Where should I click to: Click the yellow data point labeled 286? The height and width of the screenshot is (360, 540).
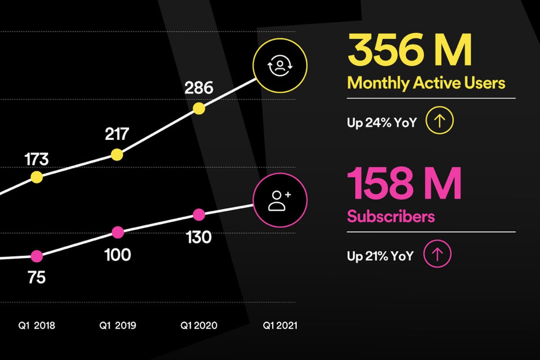(199, 108)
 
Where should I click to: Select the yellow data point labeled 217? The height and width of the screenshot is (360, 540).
(117, 154)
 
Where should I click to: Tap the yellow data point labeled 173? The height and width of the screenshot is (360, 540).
(36, 177)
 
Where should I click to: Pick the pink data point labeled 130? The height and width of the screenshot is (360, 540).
(199, 215)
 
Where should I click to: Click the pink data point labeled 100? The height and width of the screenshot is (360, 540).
(117, 232)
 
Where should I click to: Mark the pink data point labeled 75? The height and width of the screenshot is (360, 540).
(36, 256)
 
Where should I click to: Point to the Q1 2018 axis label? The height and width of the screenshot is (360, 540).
(37, 325)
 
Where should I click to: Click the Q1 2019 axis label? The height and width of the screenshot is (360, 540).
(117, 325)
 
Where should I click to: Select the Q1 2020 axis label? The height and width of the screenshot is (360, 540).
(199, 325)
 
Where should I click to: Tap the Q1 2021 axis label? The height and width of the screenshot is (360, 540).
(280, 325)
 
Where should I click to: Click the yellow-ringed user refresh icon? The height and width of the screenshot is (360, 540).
(280, 66)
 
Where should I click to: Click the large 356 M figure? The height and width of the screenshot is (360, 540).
(410, 50)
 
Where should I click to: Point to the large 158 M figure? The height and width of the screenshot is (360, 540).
(405, 184)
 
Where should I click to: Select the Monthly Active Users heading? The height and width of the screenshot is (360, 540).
(426, 83)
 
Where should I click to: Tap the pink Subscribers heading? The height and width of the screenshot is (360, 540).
(391, 216)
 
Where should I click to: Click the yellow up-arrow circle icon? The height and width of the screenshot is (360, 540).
(440, 121)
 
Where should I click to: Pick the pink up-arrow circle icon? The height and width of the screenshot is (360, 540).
(438, 255)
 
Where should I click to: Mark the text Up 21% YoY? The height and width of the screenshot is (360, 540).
(380, 256)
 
